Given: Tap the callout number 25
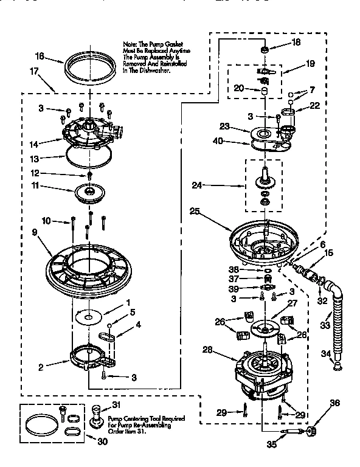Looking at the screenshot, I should [x=194, y=212].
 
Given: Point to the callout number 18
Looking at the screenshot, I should [x=296, y=43].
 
